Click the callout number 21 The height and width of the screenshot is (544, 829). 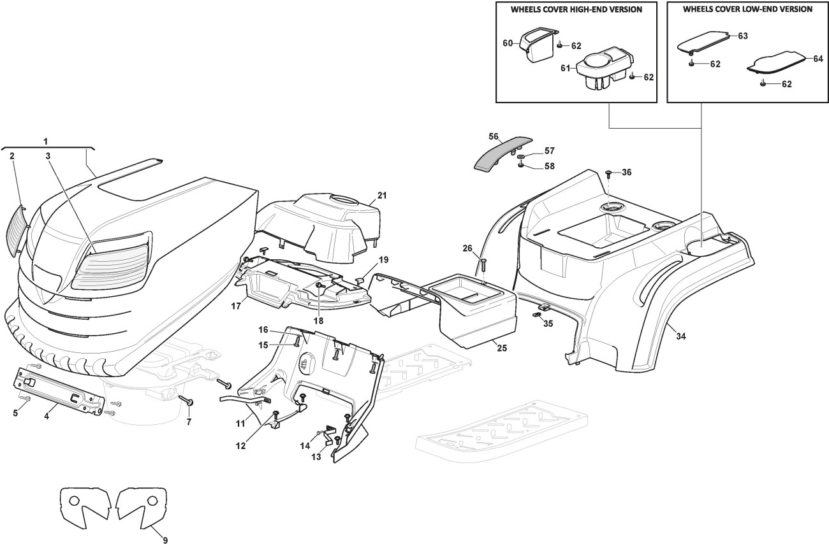click(x=382, y=194)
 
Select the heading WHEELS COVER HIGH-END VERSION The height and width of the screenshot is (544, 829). click(x=576, y=10)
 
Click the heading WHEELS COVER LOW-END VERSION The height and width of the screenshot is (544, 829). click(x=747, y=10)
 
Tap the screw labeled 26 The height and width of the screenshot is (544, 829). click(x=483, y=262)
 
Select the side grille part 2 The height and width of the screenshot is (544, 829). click(x=18, y=229)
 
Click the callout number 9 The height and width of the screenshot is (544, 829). click(x=165, y=540)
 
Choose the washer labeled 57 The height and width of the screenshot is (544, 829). click(x=520, y=156)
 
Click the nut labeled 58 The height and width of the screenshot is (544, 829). click(x=520, y=166)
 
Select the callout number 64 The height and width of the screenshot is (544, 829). click(x=818, y=58)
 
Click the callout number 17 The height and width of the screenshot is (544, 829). click(x=235, y=306)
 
